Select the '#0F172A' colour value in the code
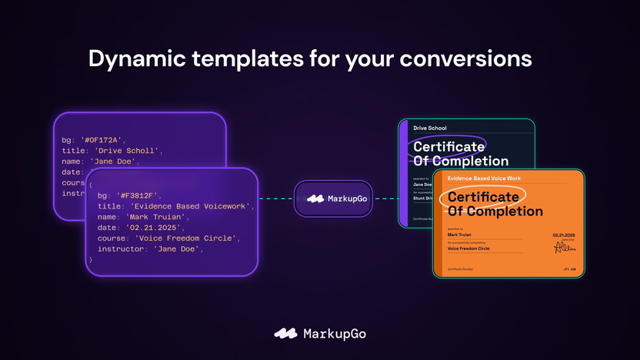click(x=102, y=140)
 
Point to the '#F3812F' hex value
click(x=138, y=195)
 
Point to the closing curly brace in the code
click(x=91, y=260)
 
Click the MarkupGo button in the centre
click(x=333, y=198)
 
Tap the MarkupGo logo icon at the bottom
click(x=286, y=334)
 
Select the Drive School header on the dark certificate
click(x=430, y=128)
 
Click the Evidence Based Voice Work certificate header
click(x=484, y=178)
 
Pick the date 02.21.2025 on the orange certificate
click(x=564, y=235)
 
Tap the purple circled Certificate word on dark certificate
click(x=448, y=146)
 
